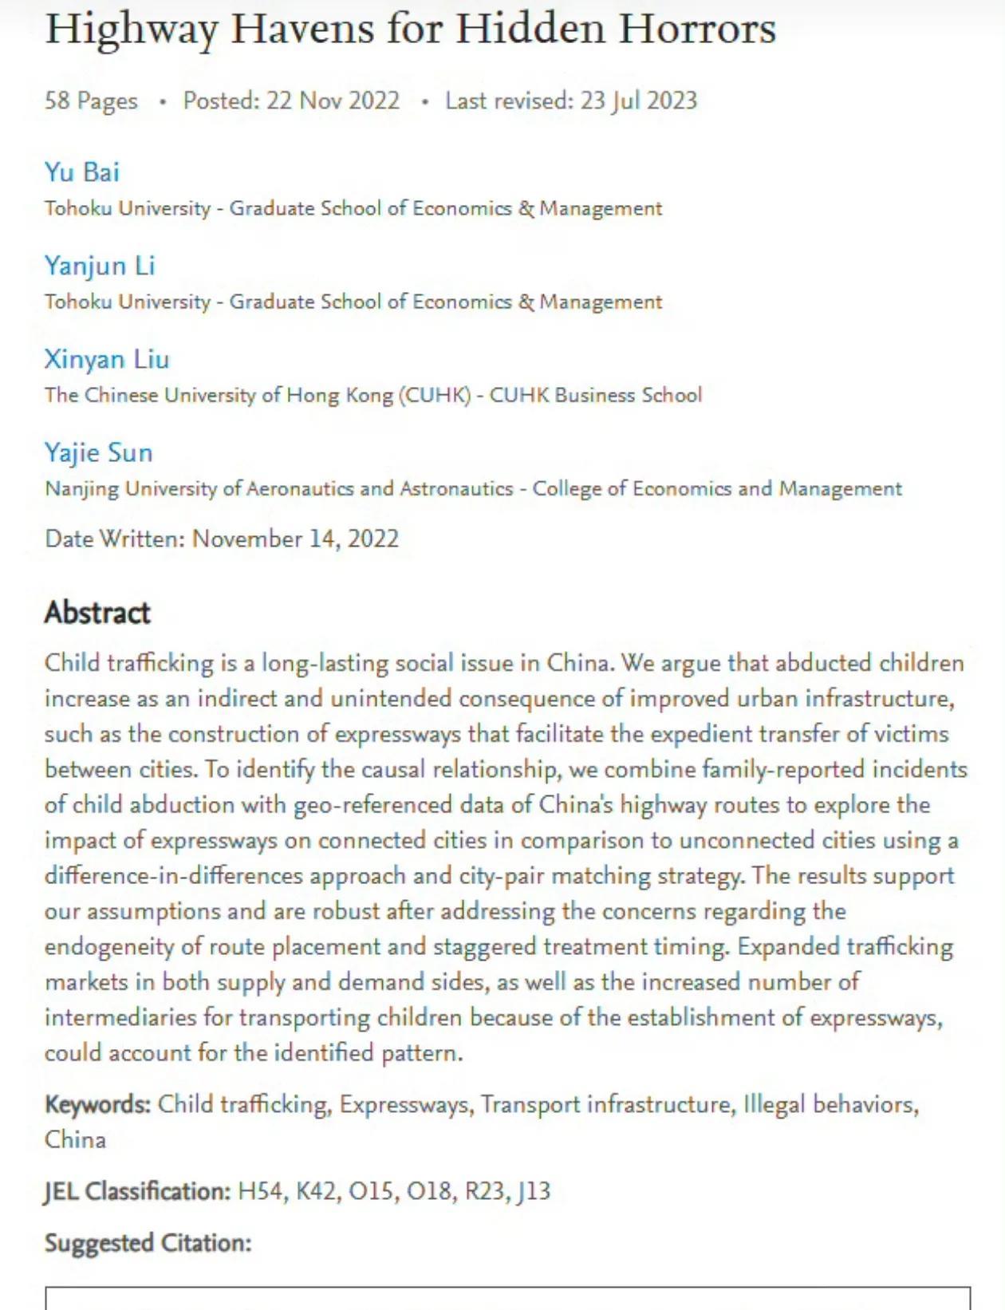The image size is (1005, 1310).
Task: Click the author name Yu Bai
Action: coord(82,172)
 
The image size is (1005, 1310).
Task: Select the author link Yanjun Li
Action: coord(100,266)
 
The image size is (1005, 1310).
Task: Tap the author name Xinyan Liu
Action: coord(107,359)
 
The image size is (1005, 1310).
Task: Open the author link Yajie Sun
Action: coord(98,452)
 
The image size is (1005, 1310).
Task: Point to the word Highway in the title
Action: coord(131,30)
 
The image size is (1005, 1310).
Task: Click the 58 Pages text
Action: coord(91,101)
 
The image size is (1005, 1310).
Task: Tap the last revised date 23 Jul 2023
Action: coord(638,101)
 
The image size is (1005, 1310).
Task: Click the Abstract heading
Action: coord(97,613)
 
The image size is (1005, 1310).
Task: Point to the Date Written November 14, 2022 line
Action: coord(222,539)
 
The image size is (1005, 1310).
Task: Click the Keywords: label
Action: coord(97,1104)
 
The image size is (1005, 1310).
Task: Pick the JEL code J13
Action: coord(534,1191)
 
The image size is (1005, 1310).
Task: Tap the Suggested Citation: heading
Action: coord(148,1243)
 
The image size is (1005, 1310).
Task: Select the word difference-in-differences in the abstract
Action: coord(174,876)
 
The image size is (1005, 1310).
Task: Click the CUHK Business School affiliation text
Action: coord(595,395)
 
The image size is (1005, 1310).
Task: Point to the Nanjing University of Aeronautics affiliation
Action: coord(279,488)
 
